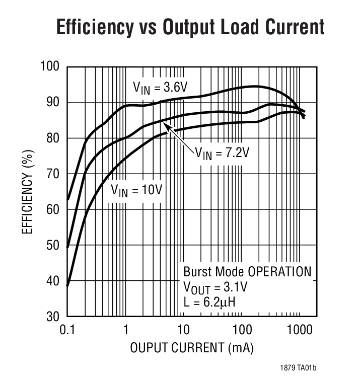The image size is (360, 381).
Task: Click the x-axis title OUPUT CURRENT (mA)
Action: (x=191, y=348)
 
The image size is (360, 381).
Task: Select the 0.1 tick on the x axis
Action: (x=67, y=330)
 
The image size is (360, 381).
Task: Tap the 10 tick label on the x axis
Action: (x=184, y=330)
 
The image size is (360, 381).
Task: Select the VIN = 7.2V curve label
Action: (x=222, y=151)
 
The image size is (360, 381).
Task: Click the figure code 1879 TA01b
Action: (x=298, y=368)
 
